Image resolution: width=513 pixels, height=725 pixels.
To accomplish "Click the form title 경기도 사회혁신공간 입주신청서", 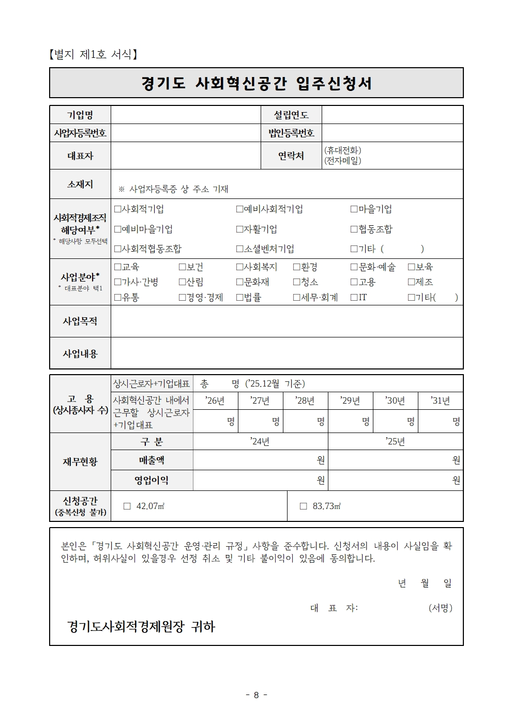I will click(x=256, y=83).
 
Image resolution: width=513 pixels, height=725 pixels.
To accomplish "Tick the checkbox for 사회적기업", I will click(x=117, y=209).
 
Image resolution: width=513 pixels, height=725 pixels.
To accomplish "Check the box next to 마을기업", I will click(x=354, y=209).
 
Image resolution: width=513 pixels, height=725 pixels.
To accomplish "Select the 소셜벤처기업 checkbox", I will click(x=239, y=249).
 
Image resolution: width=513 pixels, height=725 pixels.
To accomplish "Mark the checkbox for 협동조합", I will click(x=354, y=229).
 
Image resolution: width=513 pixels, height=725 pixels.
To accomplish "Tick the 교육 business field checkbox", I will click(x=117, y=267).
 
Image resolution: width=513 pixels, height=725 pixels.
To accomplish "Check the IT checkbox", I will click(x=354, y=298).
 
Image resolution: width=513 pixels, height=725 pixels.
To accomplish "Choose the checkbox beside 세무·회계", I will click(x=297, y=298).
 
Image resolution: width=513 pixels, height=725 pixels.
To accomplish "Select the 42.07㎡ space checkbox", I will click(x=127, y=506).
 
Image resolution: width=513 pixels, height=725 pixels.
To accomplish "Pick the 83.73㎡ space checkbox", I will click(x=304, y=506).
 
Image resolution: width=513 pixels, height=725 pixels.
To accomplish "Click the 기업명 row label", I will click(x=80, y=115).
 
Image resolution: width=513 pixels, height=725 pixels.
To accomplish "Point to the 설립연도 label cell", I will click(x=291, y=115).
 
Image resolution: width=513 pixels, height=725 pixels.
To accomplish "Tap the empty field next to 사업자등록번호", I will click(x=186, y=133).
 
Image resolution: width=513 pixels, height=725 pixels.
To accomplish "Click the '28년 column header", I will click(x=305, y=400).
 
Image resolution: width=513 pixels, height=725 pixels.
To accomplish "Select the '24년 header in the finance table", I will click(x=260, y=441).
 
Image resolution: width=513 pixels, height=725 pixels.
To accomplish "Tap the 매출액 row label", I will click(x=152, y=460).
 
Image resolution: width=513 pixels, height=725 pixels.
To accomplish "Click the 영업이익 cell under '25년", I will click(x=395, y=480).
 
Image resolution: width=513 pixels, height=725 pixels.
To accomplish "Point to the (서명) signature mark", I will click(x=440, y=608).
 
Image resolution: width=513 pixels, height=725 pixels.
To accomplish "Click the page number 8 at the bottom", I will click(x=256, y=695).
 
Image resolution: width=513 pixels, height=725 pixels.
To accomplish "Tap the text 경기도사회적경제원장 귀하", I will click(x=141, y=627).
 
